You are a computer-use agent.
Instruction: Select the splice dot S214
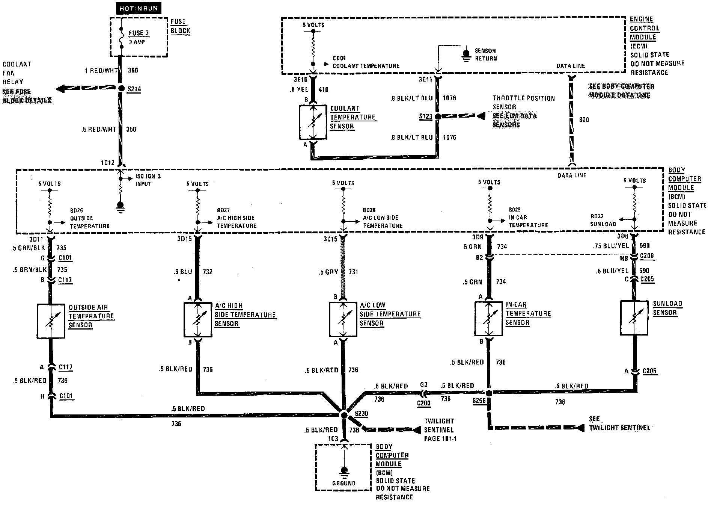click(x=121, y=89)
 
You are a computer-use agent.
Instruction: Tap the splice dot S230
click(x=343, y=414)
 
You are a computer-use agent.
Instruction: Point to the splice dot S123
click(x=438, y=116)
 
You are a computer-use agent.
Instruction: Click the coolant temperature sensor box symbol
click(x=313, y=122)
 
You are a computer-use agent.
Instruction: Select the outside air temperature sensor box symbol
click(x=51, y=321)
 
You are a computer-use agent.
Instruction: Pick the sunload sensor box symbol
click(x=634, y=318)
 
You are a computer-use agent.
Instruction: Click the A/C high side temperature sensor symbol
click(x=197, y=320)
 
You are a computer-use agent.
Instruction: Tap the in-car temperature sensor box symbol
click(x=488, y=319)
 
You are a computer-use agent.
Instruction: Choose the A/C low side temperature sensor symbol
click(x=343, y=319)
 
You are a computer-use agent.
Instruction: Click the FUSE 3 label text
click(x=139, y=33)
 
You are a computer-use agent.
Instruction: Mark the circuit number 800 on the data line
click(x=584, y=120)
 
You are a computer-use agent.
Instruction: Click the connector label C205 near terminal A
click(x=649, y=371)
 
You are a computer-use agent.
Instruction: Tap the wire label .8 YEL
click(x=300, y=90)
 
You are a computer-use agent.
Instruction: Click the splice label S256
click(x=479, y=401)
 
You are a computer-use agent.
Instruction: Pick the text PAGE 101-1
click(x=440, y=438)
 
